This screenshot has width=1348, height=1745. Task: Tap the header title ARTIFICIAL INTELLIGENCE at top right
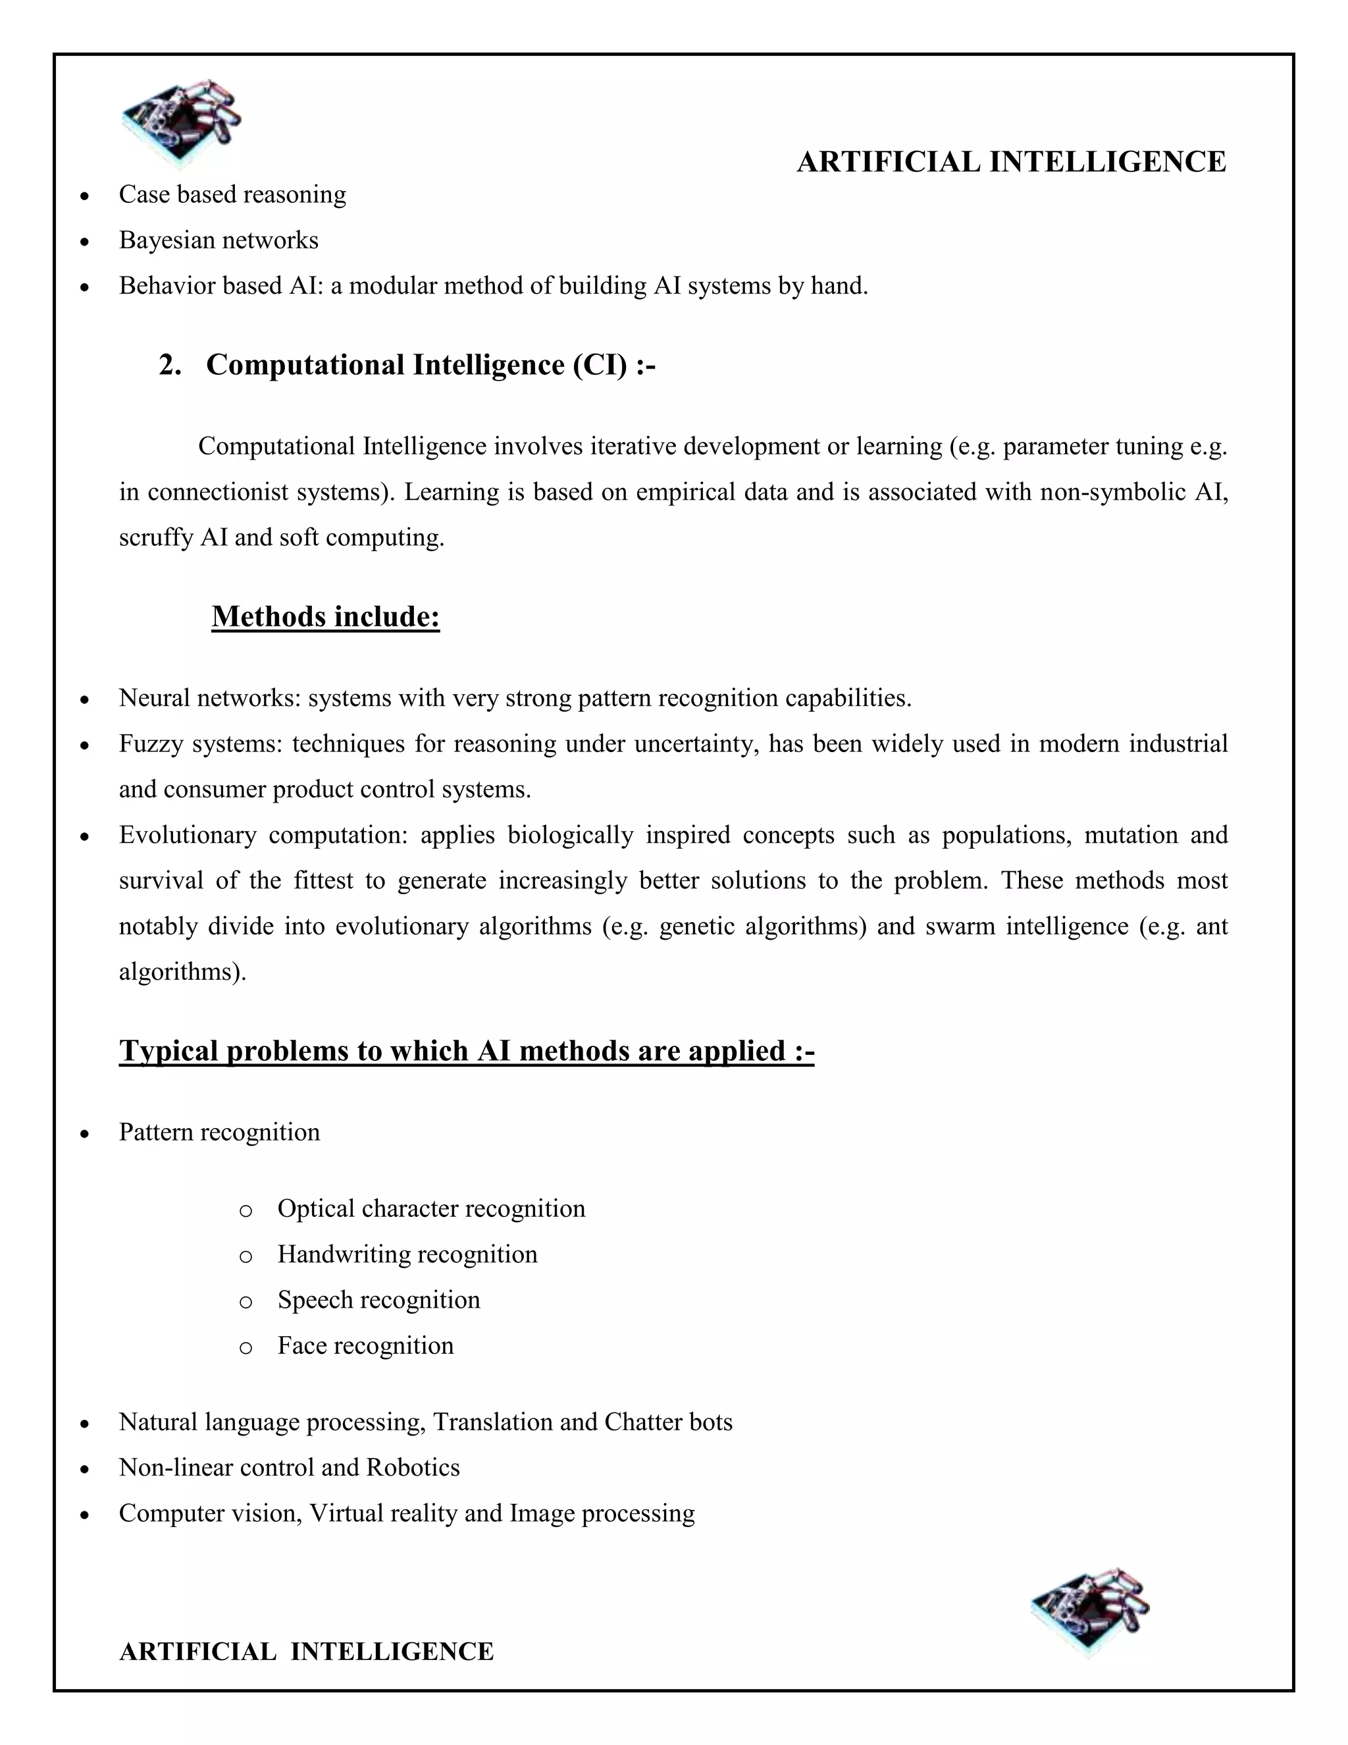click(1011, 162)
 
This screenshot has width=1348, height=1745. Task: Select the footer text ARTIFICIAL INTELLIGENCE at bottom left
click(306, 1651)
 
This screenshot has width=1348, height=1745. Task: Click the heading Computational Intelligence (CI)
click(430, 365)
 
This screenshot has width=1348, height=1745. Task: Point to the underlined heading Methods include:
click(326, 617)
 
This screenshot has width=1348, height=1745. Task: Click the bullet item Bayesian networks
click(218, 240)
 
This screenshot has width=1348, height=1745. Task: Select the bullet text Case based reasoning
click(232, 195)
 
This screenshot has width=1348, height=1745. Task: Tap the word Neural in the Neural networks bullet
click(154, 698)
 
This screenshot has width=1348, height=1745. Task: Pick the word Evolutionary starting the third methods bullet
click(188, 835)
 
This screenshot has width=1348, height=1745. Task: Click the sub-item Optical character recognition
click(431, 1208)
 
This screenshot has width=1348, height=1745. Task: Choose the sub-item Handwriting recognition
click(407, 1254)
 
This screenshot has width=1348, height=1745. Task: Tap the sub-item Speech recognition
click(378, 1300)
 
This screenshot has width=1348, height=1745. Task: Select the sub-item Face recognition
click(365, 1345)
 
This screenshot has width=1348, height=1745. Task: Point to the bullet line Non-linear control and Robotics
click(289, 1468)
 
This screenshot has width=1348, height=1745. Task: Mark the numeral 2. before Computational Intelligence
click(170, 365)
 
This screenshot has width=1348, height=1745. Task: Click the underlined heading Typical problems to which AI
click(467, 1051)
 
